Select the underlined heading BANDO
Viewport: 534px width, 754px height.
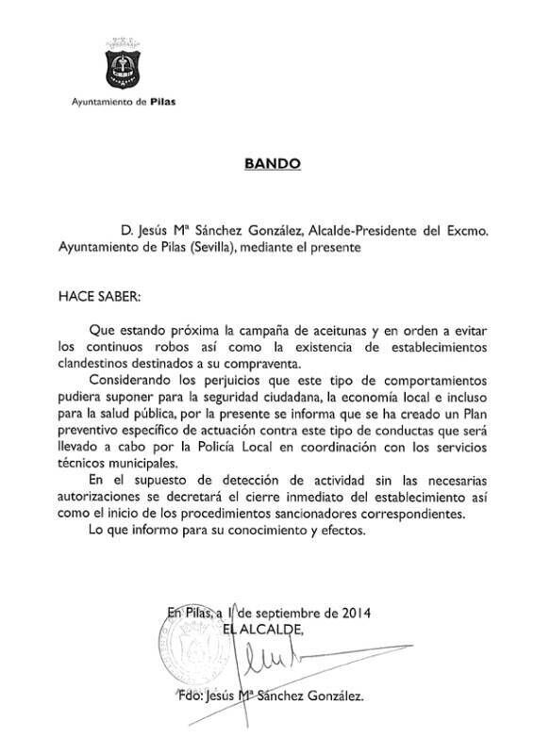(x=272, y=163)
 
